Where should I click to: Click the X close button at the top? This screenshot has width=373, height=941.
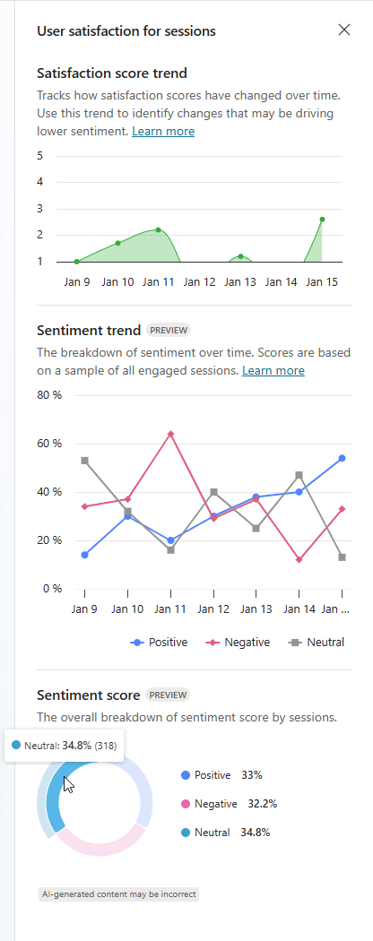(x=344, y=30)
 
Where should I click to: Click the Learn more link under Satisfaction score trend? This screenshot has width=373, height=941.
(x=163, y=132)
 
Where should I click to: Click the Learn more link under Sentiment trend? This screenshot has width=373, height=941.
(x=273, y=370)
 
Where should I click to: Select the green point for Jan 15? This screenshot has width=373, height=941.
(x=322, y=219)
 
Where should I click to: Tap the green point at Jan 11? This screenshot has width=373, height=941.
(x=158, y=229)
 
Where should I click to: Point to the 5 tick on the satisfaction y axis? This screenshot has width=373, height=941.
(x=40, y=156)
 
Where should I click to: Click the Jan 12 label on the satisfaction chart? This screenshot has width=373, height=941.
(x=199, y=281)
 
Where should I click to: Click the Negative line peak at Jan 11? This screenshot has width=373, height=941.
(x=170, y=434)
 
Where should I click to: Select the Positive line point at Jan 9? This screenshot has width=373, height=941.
(x=84, y=555)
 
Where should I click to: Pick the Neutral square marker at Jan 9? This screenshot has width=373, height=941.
(x=84, y=461)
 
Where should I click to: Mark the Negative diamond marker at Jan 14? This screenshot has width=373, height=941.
(x=299, y=559)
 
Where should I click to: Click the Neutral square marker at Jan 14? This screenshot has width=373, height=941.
(x=299, y=475)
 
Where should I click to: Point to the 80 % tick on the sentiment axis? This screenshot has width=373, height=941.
(x=48, y=395)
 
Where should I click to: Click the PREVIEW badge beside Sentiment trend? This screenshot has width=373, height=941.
(x=169, y=330)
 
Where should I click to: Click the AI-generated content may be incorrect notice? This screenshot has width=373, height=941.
(x=118, y=894)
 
